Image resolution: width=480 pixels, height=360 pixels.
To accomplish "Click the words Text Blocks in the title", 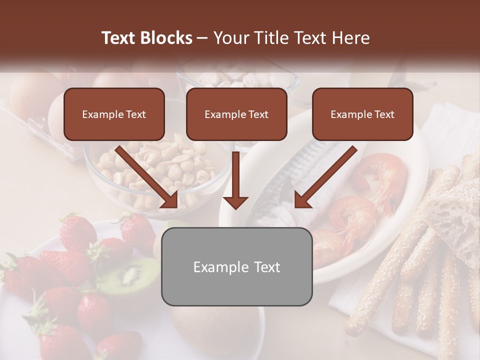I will coord(147,38).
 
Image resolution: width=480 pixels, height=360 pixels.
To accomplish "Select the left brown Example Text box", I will coord(114,114).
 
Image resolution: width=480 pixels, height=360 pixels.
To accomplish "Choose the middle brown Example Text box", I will coord(236,114).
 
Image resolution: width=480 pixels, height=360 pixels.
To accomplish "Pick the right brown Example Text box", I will coord(362,114).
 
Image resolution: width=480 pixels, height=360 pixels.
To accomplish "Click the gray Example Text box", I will coord(236,267).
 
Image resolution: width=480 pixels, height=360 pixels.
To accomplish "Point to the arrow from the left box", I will coord(147,177).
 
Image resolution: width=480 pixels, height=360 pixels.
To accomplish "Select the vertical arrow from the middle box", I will coord(235,180).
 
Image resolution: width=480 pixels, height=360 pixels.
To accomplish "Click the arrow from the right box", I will coord(325,177).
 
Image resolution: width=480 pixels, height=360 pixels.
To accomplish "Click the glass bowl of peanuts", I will coord(150,170).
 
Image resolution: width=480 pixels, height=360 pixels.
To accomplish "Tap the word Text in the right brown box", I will coord(384,114).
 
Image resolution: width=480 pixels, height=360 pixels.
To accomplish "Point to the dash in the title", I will coord(202,38).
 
